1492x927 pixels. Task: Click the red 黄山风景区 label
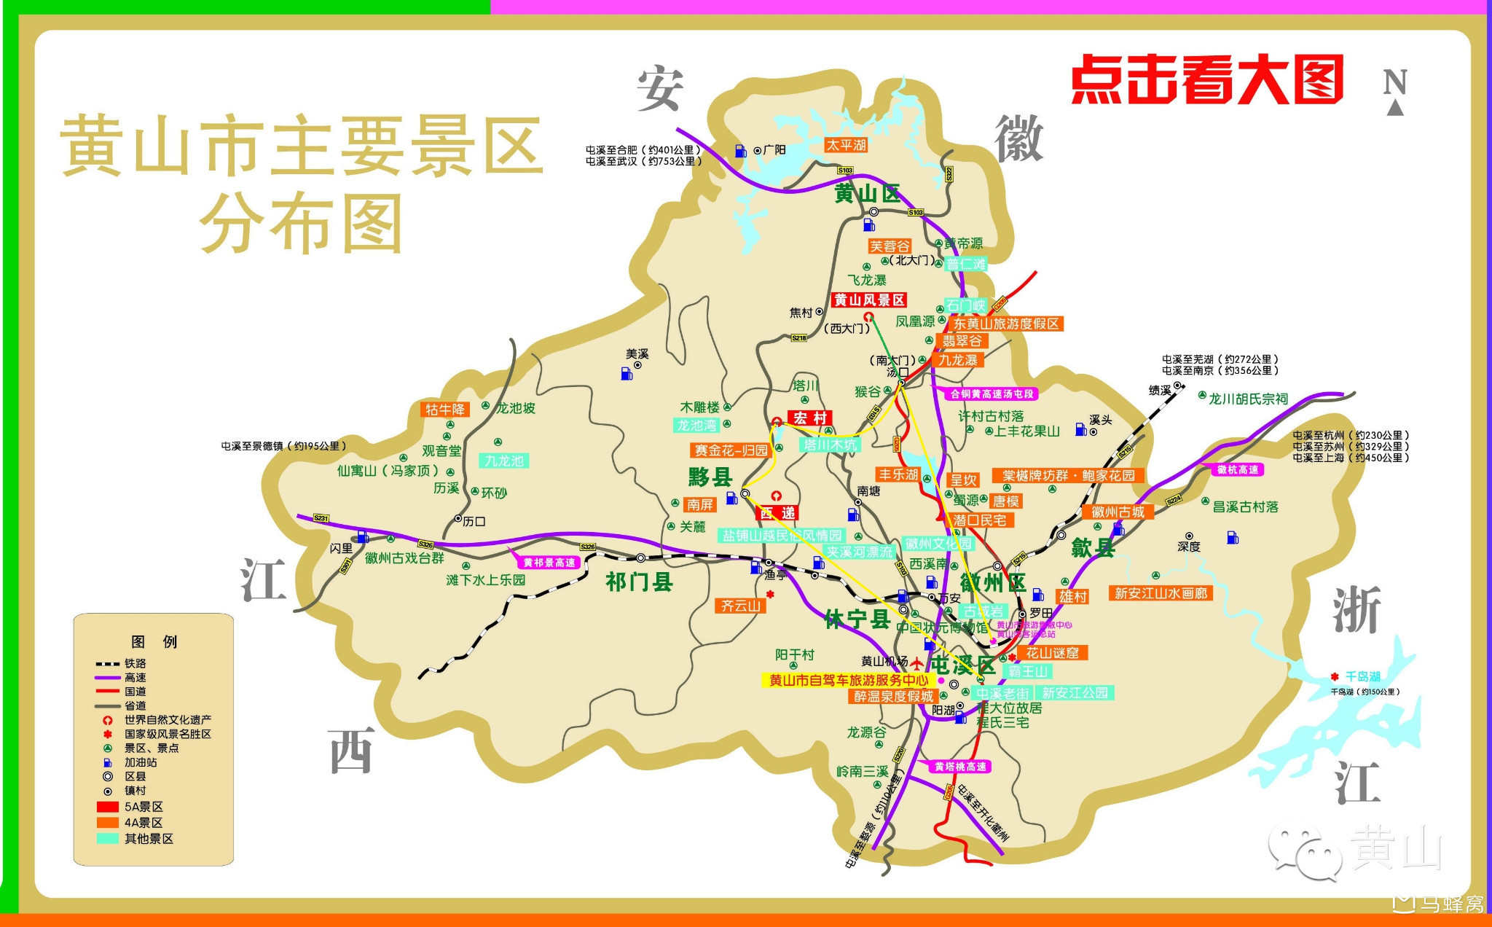pyautogui.click(x=869, y=300)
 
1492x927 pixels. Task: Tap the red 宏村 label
pyautogui.click(x=809, y=418)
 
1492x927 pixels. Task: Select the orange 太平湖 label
pyautogui.click(x=846, y=145)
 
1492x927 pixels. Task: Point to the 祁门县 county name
pyautogui.click(x=639, y=582)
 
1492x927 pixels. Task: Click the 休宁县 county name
pyautogui.click(x=857, y=619)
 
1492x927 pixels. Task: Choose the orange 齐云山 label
pyautogui.click(x=740, y=606)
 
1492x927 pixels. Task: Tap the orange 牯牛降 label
pyautogui.click(x=445, y=410)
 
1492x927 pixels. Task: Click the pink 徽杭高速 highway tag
pyautogui.click(x=1238, y=470)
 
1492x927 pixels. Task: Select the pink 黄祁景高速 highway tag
pyautogui.click(x=549, y=563)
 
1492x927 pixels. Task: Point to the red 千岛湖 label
pyautogui.click(x=1362, y=676)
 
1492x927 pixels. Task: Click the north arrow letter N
pyautogui.click(x=1395, y=82)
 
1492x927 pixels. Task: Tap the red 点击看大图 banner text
pyautogui.click(x=1207, y=79)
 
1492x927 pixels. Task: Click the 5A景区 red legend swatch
pyautogui.click(x=108, y=807)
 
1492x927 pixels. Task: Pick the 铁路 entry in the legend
pyautogui.click(x=135, y=663)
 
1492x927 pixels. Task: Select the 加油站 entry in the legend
pyautogui.click(x=140, y=762)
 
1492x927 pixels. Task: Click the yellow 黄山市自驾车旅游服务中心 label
pyautogui.click(x=849, y=680)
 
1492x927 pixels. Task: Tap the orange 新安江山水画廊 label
pyautogui.click(x=1161, y=593)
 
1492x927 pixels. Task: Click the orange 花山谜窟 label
pyautogui.click(x=1051, y=653)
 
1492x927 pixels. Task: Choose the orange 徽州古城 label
pyautogui.click(x=1118, y=512)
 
